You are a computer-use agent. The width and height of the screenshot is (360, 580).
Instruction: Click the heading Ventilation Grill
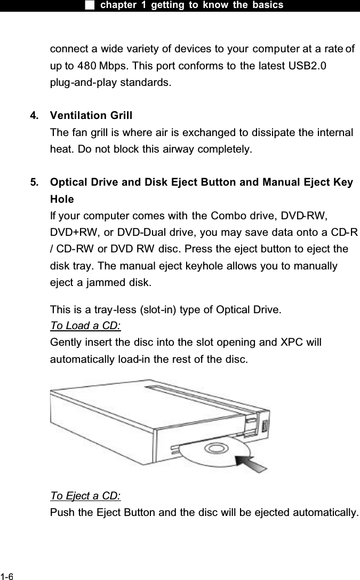[x=91, y=115]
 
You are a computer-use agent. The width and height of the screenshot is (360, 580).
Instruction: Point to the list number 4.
[x=34, y=115]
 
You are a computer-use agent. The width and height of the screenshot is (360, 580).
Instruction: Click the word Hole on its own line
[x=62, y=199]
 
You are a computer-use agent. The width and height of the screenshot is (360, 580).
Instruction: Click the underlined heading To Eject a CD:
[x=85, y=496]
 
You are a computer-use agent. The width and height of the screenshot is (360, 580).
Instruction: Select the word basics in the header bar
[x=268, y=5]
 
